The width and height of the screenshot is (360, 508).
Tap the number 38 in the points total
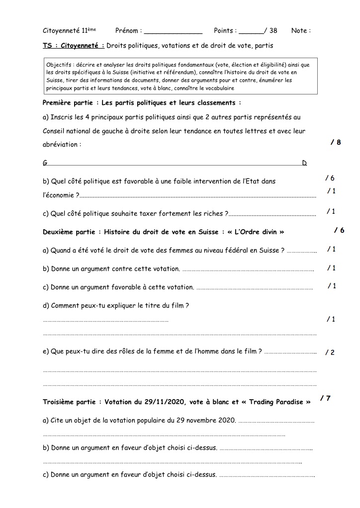pos(273,31)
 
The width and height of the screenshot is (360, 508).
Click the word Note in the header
pos(299,31)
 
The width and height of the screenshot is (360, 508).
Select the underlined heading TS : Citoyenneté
pos(74,46)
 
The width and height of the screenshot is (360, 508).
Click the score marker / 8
pos(336,142)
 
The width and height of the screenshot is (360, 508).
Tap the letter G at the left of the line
pos(45,163)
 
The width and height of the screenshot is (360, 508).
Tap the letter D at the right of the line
pos(305,163)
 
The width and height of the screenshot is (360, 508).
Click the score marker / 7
pos(326,398)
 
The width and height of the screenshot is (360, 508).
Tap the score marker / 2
pos(330,352)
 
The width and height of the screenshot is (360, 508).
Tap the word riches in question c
pos(215,213)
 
